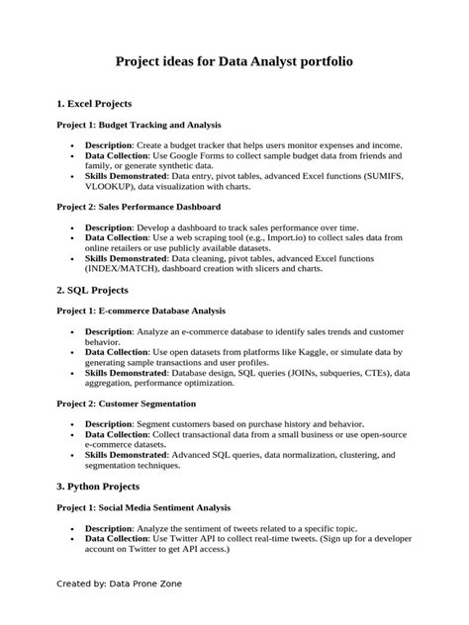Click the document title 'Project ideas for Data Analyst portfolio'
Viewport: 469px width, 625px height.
coord(234,61)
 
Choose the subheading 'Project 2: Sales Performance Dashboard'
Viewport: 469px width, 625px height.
coord(137,207)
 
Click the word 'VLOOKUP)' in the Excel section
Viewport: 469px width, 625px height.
coord(110,185)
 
